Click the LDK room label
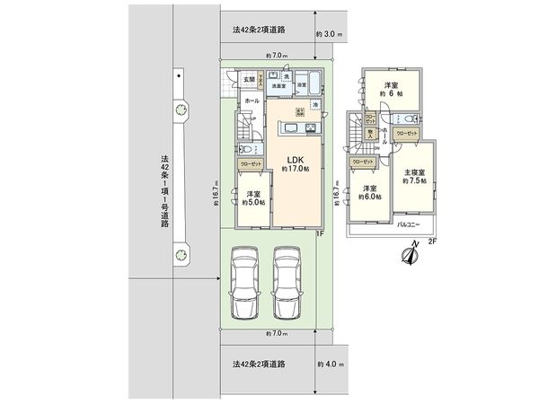[295, 160]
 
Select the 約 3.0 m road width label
[330, 34]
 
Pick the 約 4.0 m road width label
[330, 364]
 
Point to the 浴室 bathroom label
[302, 85]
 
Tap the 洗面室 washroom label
[279, 86]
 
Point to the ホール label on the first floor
[252, 101]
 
